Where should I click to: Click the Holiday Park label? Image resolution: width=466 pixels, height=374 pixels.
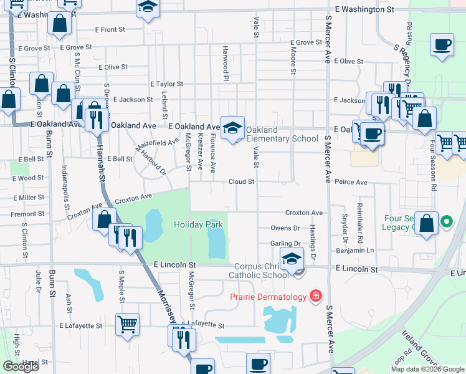[198, 224]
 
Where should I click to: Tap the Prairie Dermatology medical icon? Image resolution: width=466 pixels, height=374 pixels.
[316, 295]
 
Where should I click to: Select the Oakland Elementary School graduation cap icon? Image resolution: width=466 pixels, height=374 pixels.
[232, 128]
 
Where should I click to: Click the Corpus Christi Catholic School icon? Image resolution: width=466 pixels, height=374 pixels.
[291, 259]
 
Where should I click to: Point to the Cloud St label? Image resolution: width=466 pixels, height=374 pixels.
[242, 182]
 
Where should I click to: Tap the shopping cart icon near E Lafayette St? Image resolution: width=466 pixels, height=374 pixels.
[127, 324]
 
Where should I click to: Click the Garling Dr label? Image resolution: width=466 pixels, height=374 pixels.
[285, 244]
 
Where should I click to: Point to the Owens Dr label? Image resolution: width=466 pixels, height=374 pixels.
[285, 229]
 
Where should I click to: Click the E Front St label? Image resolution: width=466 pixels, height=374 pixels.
[110, 30]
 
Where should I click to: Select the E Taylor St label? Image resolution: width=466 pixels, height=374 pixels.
[166, 84]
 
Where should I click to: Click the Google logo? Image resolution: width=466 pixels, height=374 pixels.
[21, 367]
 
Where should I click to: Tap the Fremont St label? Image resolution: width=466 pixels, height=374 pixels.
[27, 213]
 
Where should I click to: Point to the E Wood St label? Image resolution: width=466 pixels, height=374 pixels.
[28, 178]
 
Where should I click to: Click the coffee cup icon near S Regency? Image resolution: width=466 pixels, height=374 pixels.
[442, 45]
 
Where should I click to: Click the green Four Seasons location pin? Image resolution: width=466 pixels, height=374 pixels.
[446, 221]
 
